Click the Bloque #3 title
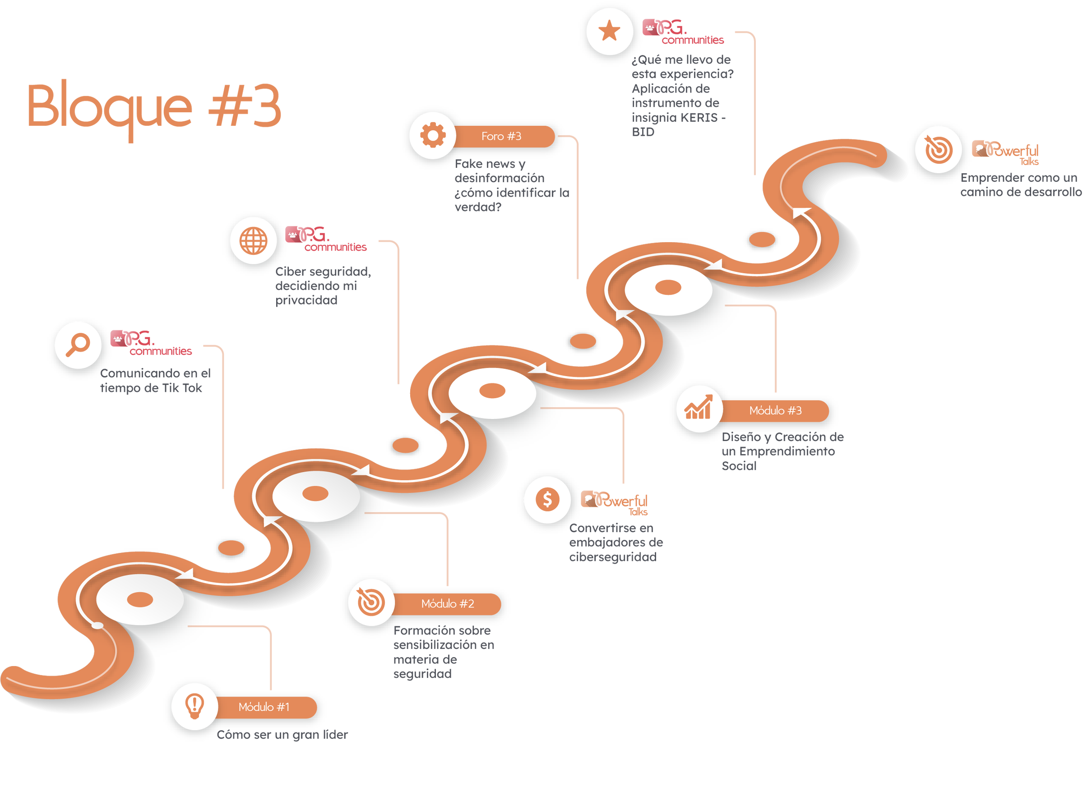pyautogui.click(x=154, y=109)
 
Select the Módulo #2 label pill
pyautogui.click(x=447, y=604)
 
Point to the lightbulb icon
pyautogui.click(x=194, y=706)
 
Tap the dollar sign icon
pyautogui.click(x=547, y=500)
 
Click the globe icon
pyautogui.click(x=254, y=240)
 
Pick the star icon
pyautogui.click(x=609, y=31)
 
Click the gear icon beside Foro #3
pyautogui.click(x=433, y=135)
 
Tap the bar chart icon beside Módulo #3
pyautogui.click(x=699, y=408)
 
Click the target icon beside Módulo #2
pyautogui.click(x=371, y=602)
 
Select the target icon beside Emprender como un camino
pyautogui.click(x=938, y=149)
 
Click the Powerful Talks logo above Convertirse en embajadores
pyautogui.click(x=614, y=503)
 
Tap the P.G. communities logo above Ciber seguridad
pyautogui.click(x=326, y=239)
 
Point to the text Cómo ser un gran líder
pyautogui.click(x=282, y=735)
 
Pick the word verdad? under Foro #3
pyautogui.click(x=477, y=207)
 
